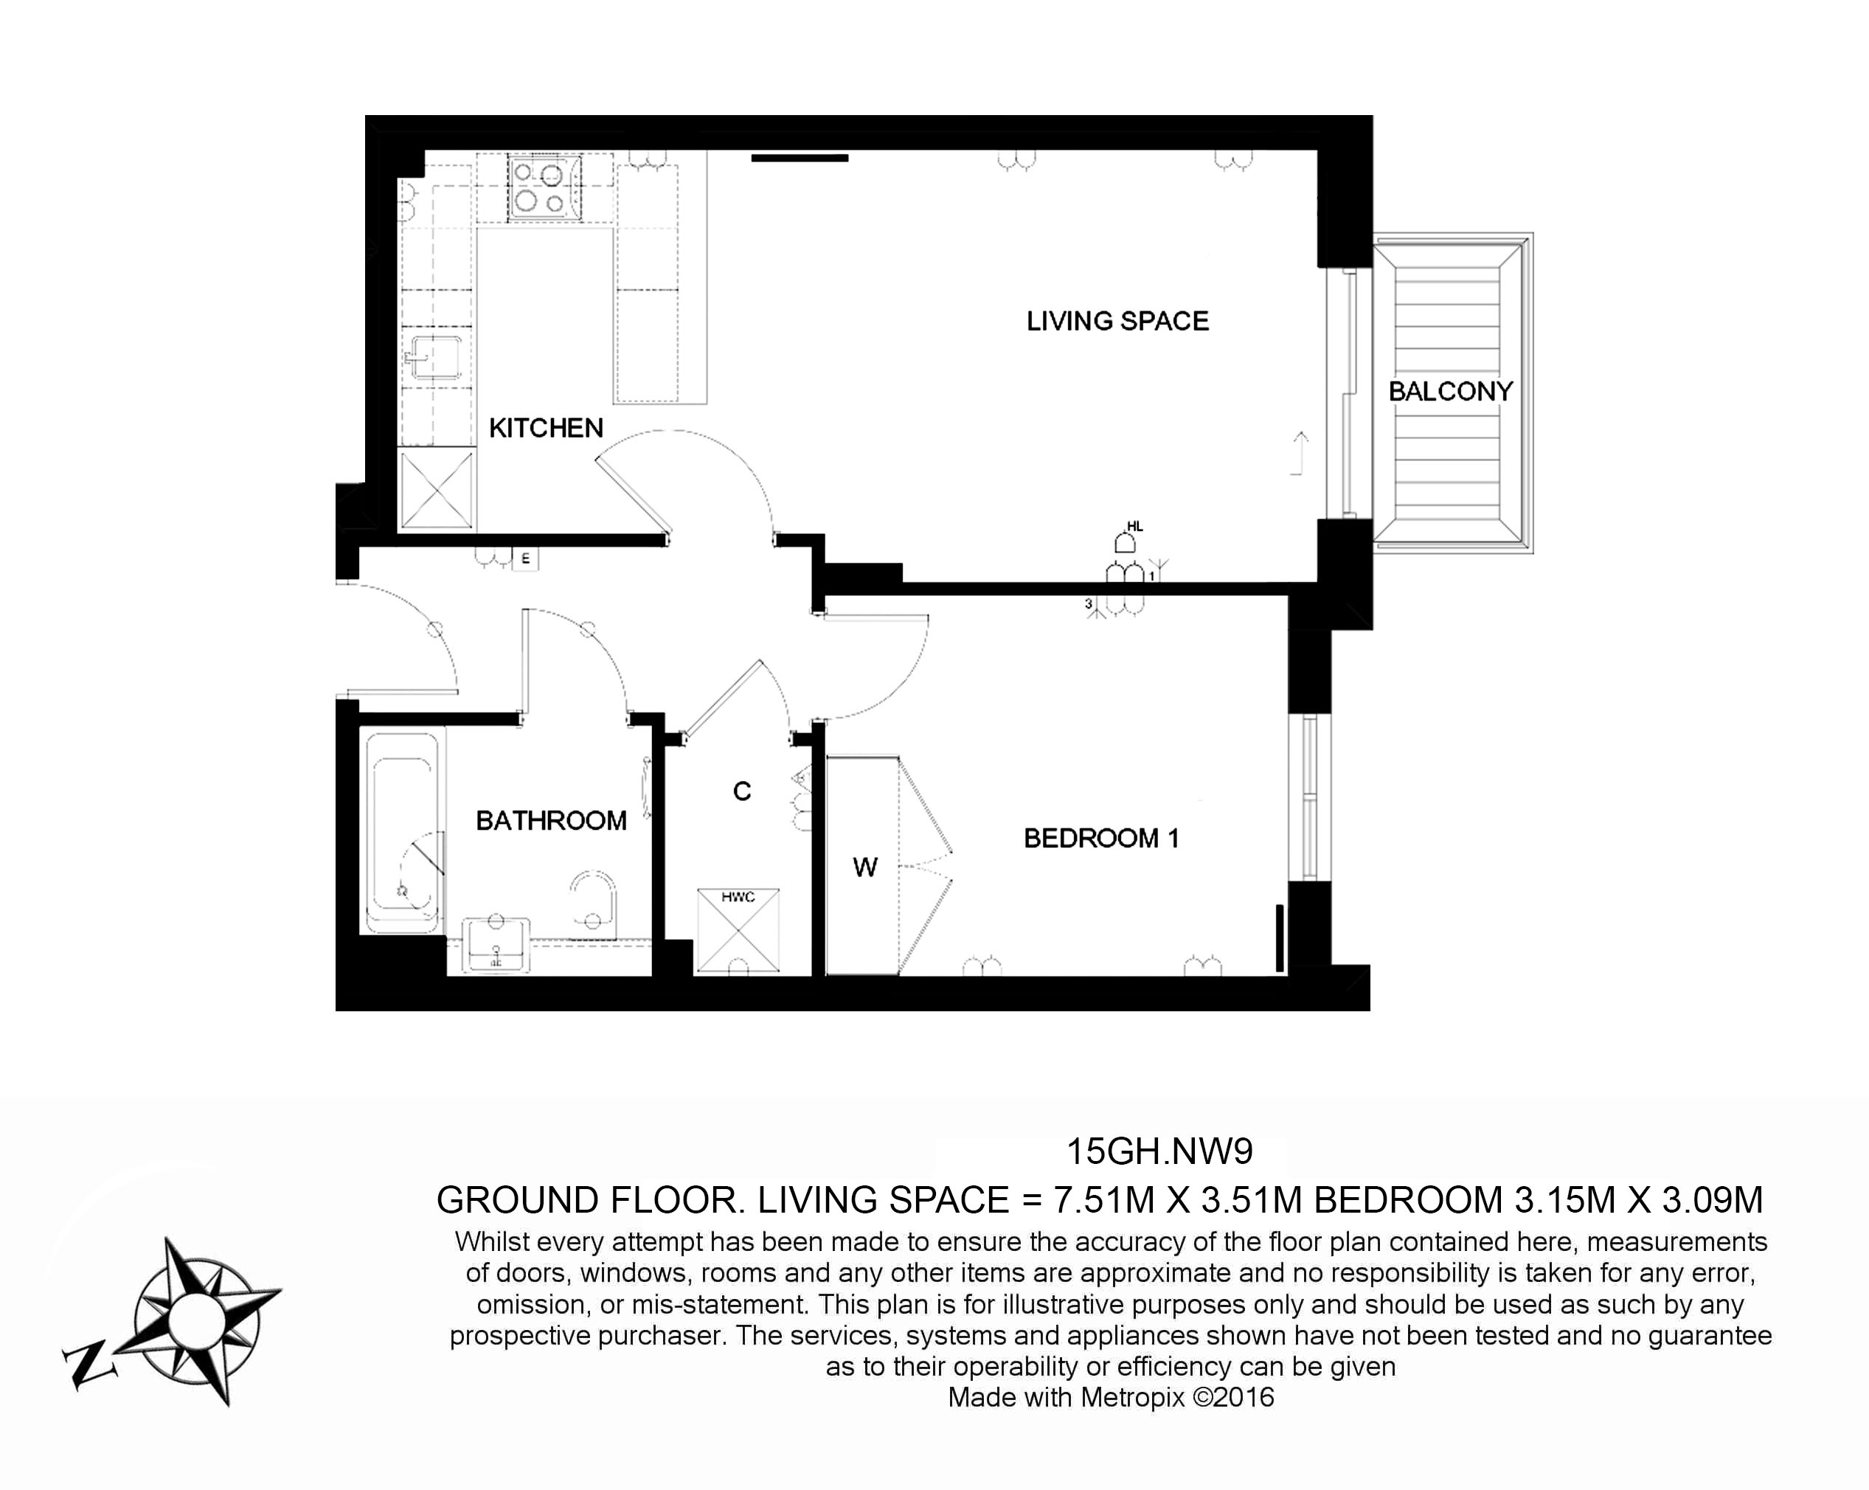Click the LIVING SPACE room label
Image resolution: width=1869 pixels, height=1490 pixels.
click(1117, 322)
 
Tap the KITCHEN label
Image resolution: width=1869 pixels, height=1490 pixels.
click(545, 429)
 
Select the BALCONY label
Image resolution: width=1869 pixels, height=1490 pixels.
click(1449, 392)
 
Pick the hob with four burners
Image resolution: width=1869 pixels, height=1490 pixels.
click(539, 188)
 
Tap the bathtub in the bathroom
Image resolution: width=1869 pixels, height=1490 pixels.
click(402, 832)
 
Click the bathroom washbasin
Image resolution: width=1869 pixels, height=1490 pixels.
click(496, 944)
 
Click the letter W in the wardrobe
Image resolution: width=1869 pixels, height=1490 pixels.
click(864, 867)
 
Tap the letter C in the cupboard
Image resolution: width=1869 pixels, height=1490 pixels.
click(741, 791)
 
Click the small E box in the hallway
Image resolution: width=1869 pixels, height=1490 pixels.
click(524, 559)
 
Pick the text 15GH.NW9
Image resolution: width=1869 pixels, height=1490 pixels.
click(1158, 1152)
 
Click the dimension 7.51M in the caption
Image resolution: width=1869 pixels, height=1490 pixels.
click(1103, 1201)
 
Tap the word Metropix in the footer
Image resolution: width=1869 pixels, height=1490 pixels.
click(1131, 1397)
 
